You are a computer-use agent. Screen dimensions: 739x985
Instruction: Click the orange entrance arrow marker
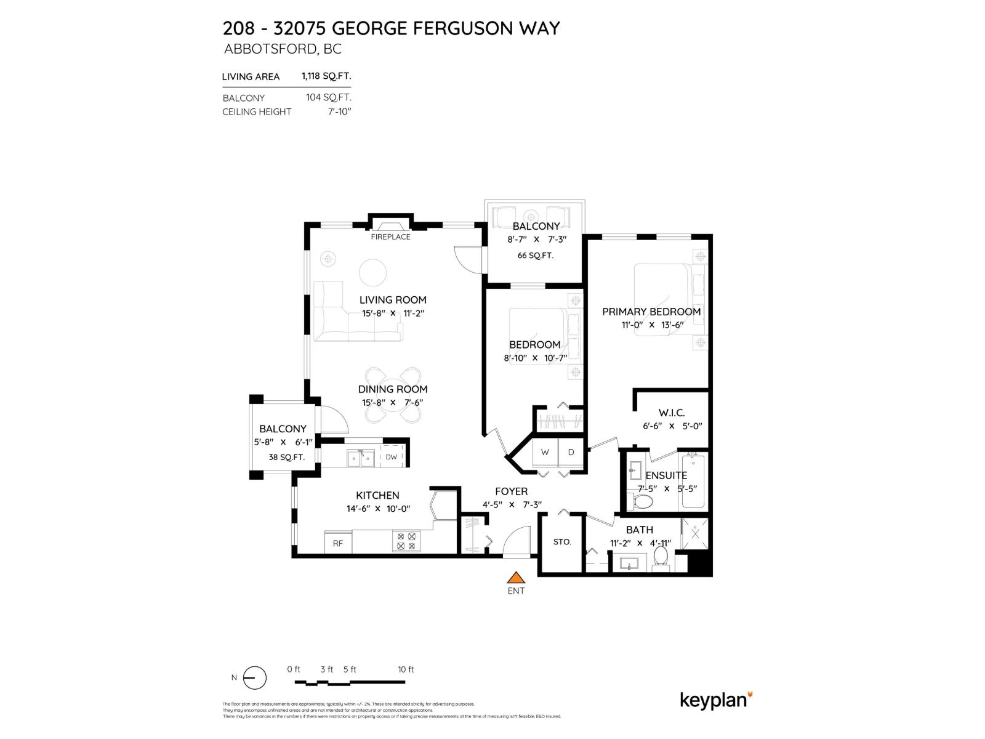click(515, 578)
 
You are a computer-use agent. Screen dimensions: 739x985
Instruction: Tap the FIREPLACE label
click(390, 237)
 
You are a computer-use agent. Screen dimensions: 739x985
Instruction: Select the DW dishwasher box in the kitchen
click(392, 457)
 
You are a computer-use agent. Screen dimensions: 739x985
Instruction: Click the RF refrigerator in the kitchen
click(338, 543)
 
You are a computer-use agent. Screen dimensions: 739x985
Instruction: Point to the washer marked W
click(545, 453)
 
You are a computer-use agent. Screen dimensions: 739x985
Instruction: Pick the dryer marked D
click(571, 453)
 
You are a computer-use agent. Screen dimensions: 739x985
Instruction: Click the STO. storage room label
click(562, 542)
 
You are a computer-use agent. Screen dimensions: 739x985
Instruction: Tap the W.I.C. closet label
click(671, 413)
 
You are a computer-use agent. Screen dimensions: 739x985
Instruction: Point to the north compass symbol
click(254, 678)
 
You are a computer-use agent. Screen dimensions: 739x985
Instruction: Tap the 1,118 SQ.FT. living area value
click(326, 76)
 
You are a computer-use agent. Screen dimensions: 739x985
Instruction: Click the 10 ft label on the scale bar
click(406, 669)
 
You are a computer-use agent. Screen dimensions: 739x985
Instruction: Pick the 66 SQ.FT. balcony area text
click(536, 256)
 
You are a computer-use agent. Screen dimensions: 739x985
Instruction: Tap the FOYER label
click(511, 491)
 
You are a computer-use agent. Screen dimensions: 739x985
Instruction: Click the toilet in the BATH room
click(661, 557)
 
